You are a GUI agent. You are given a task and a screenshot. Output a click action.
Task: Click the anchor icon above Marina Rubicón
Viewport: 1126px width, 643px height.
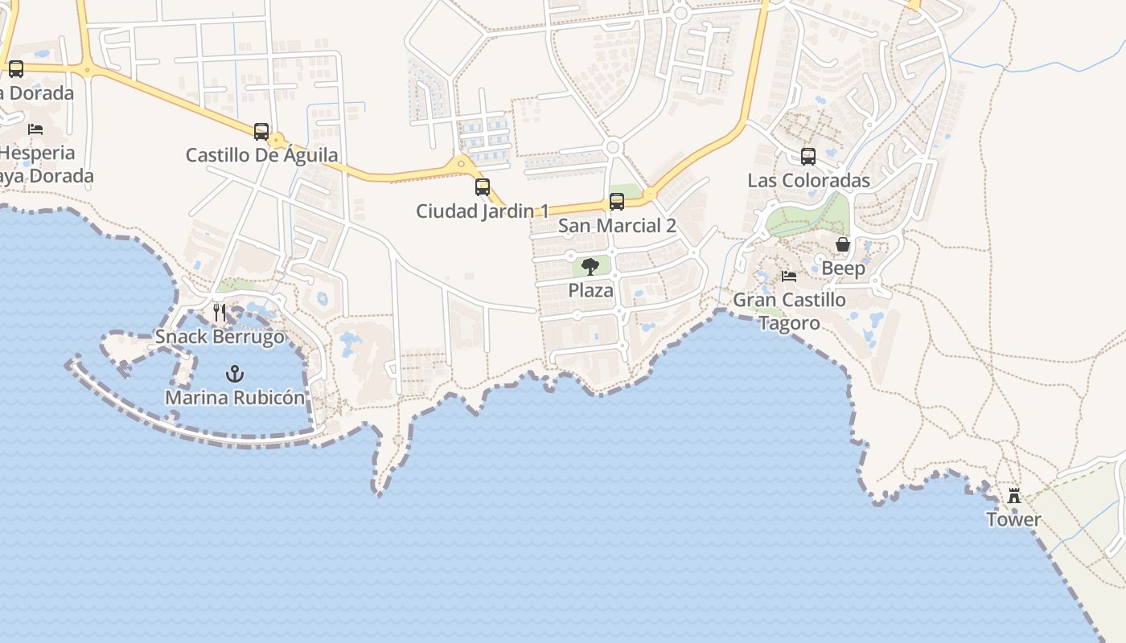click(235, 374)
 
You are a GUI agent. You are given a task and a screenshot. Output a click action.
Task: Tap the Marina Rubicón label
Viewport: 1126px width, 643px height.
click(235, 397)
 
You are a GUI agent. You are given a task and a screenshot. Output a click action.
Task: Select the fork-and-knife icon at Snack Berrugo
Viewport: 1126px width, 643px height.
click(220, 313)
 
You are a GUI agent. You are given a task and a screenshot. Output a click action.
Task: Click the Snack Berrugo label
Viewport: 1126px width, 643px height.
click(220, 336)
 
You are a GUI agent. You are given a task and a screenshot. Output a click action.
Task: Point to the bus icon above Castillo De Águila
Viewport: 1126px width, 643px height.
click(261, 132)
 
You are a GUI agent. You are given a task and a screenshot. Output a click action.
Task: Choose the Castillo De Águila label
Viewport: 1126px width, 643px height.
click(261, 155)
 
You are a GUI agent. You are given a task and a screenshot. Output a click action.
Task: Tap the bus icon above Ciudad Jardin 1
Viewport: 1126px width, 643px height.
click(483, 187)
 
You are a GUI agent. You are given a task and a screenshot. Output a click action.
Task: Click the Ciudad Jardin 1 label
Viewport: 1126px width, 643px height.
click(483, 211)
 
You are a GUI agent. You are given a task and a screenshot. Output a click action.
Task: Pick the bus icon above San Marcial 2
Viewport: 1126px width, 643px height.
click(617, 202)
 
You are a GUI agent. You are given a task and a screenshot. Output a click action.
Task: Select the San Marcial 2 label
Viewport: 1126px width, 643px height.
click(617, 226)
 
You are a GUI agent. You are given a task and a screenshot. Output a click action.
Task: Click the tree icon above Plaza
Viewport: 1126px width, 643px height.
click(590, 267)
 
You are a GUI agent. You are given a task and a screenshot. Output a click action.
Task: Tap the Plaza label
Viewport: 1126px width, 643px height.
click(590, 290)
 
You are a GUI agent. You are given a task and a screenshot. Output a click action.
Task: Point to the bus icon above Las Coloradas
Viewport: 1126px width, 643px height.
click(808, 157)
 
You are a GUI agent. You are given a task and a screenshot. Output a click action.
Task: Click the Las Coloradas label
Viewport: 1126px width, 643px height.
click(808, 180)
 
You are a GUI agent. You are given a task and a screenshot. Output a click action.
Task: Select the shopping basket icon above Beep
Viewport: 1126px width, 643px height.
click(843, 244)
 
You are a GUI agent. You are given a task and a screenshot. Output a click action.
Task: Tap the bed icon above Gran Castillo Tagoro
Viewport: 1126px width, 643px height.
click(789, 276)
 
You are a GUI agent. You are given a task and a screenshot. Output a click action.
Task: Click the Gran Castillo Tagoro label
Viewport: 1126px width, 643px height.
click(789, 311)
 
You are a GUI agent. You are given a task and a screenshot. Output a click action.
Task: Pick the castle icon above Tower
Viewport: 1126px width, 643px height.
click(1014, 496)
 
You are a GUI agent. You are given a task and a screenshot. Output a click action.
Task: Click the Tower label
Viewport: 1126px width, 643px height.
click(1013, 519)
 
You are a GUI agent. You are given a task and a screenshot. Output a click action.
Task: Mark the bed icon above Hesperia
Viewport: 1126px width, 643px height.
click(35, 129)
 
